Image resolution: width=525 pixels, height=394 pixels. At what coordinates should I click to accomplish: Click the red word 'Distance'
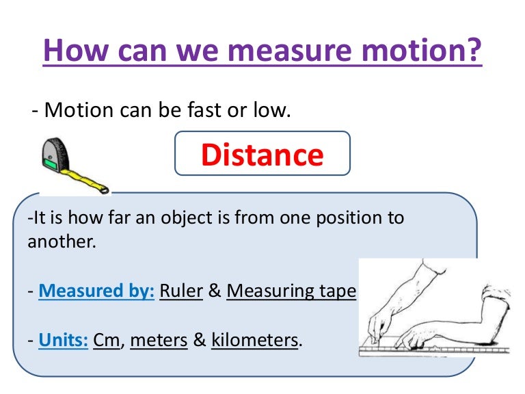[x=262, y=155]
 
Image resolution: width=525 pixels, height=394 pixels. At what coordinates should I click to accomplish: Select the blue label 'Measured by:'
[x=96, y=291]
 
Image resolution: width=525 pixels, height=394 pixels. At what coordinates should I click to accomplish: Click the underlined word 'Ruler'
[x=181, y=291]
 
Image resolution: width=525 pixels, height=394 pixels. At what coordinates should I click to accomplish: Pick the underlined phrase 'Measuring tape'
[x=291, y=291]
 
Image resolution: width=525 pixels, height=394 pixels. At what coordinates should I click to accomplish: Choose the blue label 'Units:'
[x=63, y=339]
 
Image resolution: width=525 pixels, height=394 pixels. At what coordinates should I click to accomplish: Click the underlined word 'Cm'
[x=106, y=339]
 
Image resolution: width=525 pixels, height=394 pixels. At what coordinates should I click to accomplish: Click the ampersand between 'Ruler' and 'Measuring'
[x=215, y=291]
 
